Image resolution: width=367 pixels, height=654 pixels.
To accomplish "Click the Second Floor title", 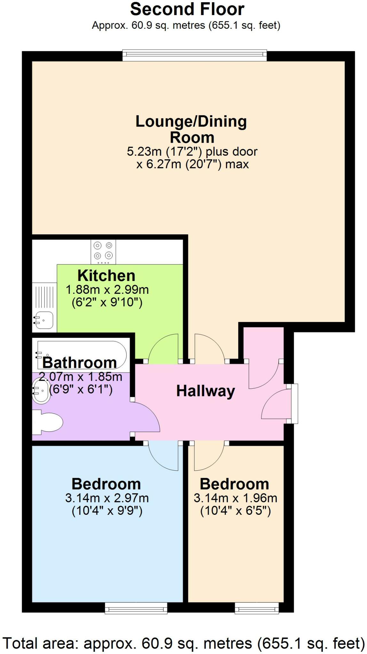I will (x=187, y=10).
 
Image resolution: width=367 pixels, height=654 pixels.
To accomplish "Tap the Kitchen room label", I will (x=106, y=276).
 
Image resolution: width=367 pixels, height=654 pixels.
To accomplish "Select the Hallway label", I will (x=206, y=391).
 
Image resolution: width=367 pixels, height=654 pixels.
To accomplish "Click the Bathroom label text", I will (x=80, y=363).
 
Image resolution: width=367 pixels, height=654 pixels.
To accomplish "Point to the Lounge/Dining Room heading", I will (x=191, y=129).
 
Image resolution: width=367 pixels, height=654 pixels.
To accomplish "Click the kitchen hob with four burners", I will (x=103, y=252).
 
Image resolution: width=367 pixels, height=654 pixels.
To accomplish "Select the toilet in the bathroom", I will (x=48, y=423).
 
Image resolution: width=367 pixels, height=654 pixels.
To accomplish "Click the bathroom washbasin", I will (x=41, y=390).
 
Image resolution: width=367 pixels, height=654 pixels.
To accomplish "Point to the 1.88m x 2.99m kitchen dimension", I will (x=107, y=290).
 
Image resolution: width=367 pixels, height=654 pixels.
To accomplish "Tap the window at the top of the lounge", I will (x=194, y=55).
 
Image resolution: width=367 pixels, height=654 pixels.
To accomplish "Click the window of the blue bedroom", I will (x=137, y=608).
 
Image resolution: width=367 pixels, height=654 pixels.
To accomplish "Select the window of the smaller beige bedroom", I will (x=257, y=608).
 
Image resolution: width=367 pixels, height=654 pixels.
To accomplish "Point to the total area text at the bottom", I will (x=183, y=643).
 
